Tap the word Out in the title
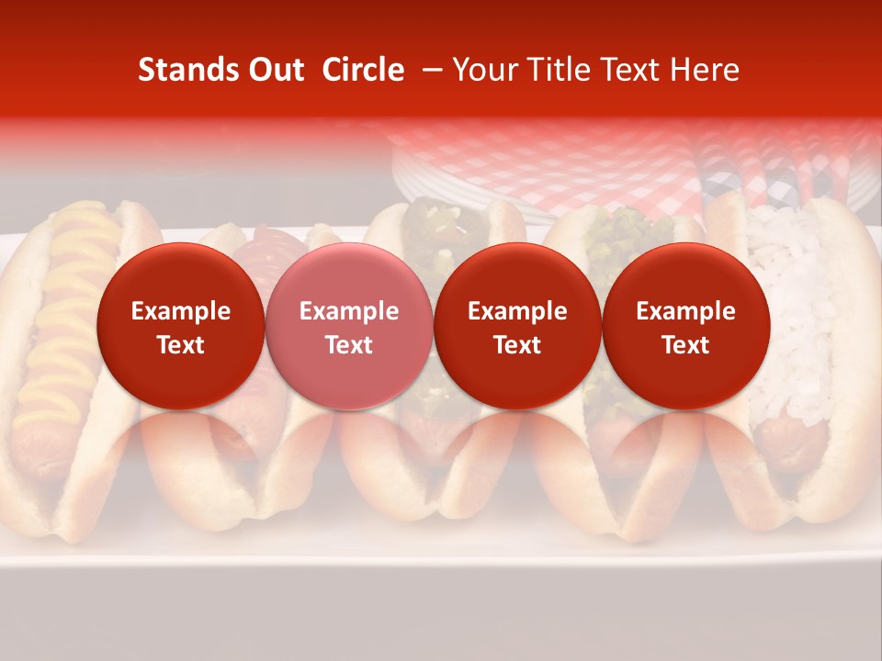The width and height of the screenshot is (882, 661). (x=274, y=71)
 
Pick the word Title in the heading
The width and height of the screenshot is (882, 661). (x=557, y=71)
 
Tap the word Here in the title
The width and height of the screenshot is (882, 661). (x=706, y=71)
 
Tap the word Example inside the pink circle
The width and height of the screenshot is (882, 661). (x=349, y=311)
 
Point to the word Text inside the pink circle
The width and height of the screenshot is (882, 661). (x=349, y=345)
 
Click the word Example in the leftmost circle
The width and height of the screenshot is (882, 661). (x=180, y=311)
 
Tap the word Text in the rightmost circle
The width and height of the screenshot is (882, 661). (x=685, y=345)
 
